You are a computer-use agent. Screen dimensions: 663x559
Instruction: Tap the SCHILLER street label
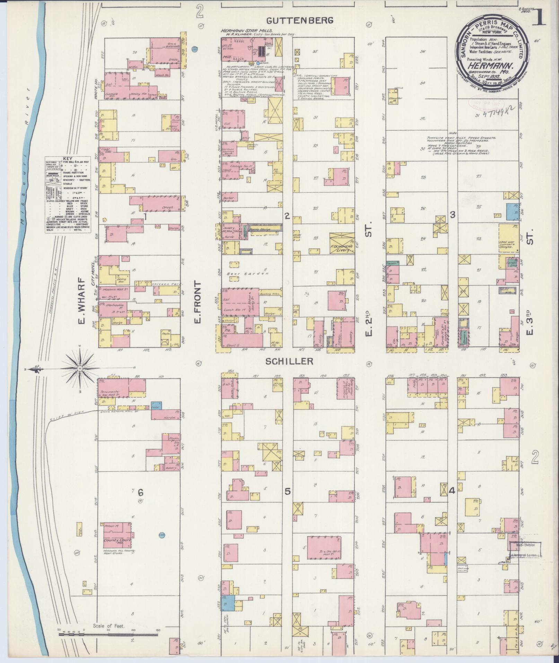coord(289,361)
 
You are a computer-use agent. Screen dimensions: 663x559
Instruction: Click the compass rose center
coord(80,368)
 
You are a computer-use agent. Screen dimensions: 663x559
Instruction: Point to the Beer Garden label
coord(247,273)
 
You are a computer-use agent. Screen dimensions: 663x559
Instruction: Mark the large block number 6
coord(140,492)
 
